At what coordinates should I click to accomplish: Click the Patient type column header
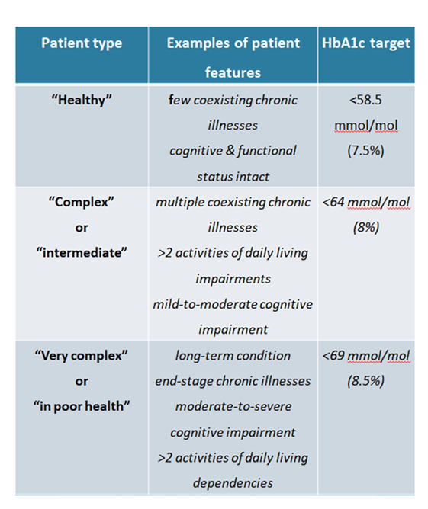[82, 43]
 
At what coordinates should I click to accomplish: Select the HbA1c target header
[366, 43]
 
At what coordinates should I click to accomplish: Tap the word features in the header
[233, 72]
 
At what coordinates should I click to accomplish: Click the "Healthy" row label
[82, 100]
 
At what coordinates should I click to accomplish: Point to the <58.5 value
[365, 100]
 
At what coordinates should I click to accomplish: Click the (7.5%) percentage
[365, 151]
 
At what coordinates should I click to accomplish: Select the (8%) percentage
[366, 227]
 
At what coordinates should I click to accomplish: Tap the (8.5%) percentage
[365, 381]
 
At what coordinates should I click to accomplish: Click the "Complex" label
[81, 202]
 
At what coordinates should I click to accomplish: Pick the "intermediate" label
[82, 252]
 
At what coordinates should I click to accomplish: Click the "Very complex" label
[81, 356]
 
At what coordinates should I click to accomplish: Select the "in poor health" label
[82, 406]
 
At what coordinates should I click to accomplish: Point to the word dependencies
[233, 483]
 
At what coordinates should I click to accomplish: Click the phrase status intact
[233, 177]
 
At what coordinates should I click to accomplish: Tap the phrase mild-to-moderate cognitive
[233, 305]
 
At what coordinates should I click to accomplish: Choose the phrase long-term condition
[233, 356]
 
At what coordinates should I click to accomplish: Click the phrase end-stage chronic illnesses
[233, 381]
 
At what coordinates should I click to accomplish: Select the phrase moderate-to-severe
[233, 406]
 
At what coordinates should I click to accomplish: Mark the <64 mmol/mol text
[366, 202]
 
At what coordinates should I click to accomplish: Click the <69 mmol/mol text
[366, 356]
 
